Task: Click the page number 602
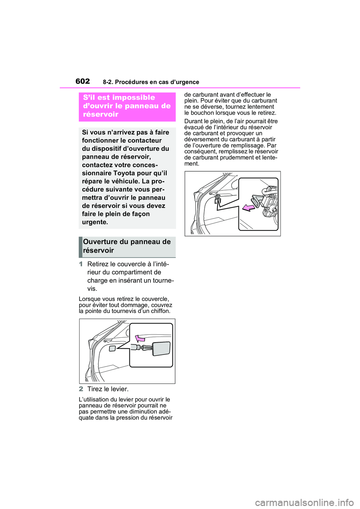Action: click(x=82, y=81)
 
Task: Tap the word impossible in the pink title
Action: click(x=133, y=97)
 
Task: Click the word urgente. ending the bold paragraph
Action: click(x=95, y=222)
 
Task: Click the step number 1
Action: click(x=81, y=264)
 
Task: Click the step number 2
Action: click(x=81, y=389)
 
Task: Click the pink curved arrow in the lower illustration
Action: click(x=139, y=338)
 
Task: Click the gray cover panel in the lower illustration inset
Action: click(x=162, y=348)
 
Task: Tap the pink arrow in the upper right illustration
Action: click(x=248, y=207)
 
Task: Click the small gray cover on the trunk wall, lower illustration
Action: click(x=112, y=349)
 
